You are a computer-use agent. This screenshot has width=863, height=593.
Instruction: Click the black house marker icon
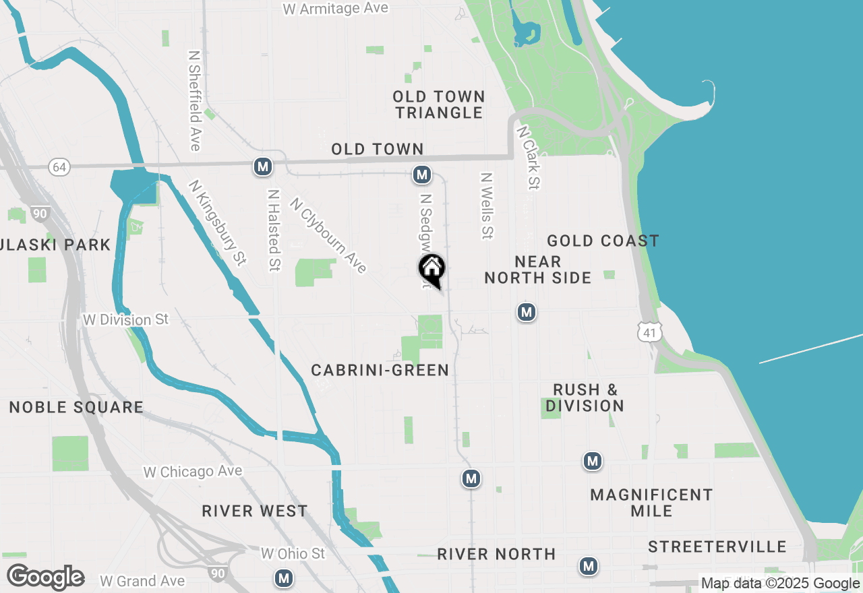[431, 270]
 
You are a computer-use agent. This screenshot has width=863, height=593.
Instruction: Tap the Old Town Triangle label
[439, 105]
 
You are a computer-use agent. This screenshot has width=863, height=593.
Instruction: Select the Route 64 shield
[59, 167]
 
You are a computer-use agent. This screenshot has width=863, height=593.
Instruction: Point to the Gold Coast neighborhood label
[603, 241]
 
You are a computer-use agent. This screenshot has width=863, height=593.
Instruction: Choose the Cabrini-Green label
[380, 370]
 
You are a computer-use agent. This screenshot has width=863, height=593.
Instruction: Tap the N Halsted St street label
[273, 230]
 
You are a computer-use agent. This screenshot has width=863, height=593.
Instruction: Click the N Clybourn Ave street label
[328, 235]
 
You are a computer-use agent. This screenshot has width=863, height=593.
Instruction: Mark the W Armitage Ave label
[336, 9]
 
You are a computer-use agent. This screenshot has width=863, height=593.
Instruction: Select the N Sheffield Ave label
[195, 101]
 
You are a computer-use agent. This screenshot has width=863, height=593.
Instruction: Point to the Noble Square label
[76, 407]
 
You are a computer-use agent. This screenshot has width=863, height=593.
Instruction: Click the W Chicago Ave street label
[193, 471]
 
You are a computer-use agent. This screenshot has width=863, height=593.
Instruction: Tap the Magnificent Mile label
[651, 503]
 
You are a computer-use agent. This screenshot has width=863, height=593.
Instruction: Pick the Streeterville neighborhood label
[717, 547]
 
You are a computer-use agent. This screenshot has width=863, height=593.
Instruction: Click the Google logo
[45, 577]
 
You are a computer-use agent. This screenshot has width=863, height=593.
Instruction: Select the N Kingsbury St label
[218, 222]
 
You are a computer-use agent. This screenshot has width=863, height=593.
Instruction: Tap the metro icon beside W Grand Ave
[284, 578]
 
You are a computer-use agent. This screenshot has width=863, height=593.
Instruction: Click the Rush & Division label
[585, 398]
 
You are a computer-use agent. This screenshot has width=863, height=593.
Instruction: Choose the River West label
[255, 511]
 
